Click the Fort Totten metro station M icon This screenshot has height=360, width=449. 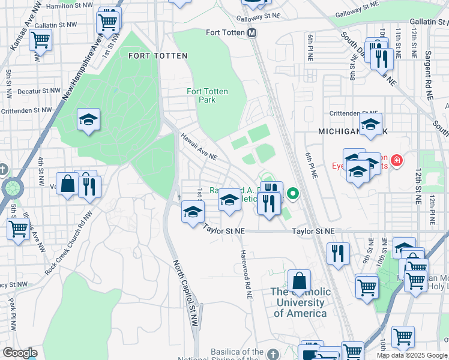click(252, 32)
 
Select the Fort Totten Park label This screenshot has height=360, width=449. click(207, 95)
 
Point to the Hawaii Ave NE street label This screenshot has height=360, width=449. click(199, 146)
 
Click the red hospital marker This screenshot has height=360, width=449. click(396, 160)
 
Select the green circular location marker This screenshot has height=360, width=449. click(293, 194)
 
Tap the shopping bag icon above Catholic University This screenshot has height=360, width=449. click(299, 280)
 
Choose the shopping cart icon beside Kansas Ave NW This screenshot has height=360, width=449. click(40, 40)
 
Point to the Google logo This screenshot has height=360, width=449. click(20, 353)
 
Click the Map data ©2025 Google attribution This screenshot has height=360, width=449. click(412, 355)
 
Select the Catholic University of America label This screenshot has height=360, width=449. click(300, 302)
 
